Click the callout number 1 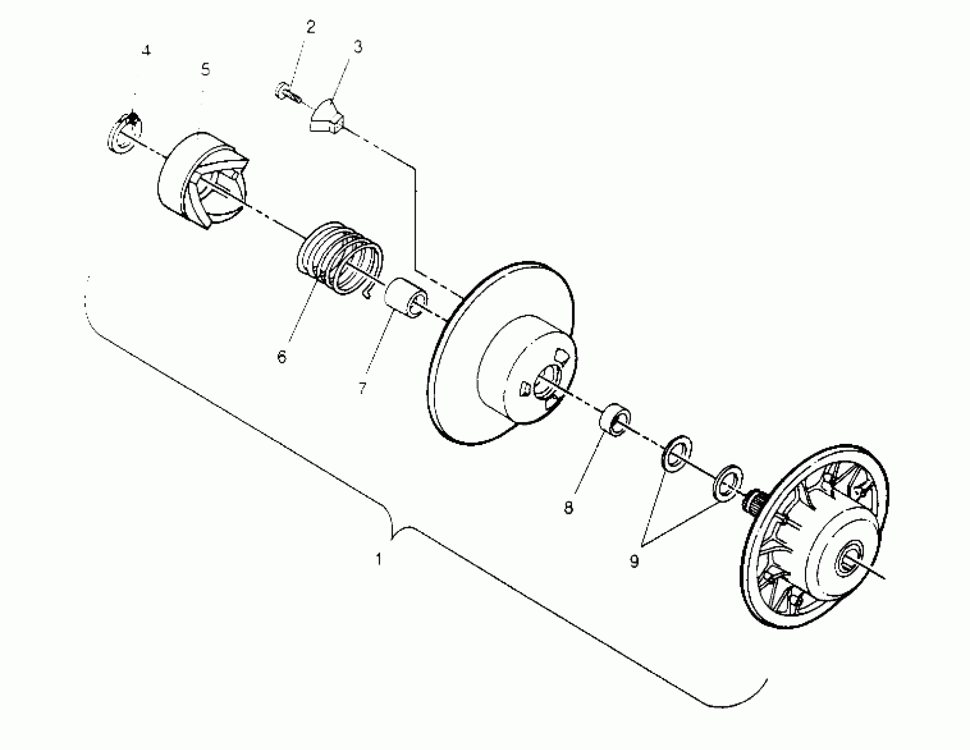(x=378, y=559)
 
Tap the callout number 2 (x=310, y=27)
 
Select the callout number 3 (x=358, y=47)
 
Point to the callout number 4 (x=146, y=51)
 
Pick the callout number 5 (x=205, y=70)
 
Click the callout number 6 (x=282, y=356)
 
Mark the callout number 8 (x=569, y=506)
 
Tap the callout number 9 (x=634, y=561)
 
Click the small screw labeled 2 (x=283, y=91)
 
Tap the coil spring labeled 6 (x=340, y=259)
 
